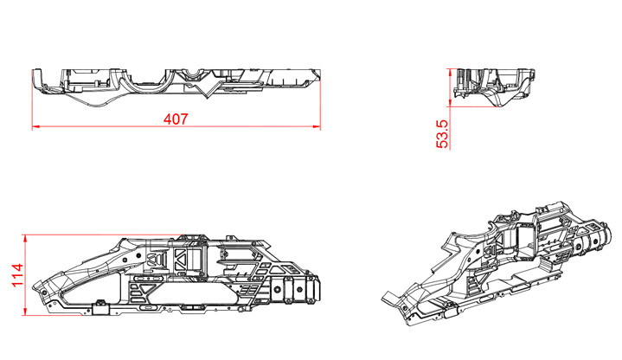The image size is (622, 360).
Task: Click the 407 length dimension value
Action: point(176,119)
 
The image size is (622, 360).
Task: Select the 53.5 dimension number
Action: point(443,134)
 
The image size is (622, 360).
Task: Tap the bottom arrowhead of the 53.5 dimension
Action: point(451,99)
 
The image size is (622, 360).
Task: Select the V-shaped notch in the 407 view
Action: point(207,90)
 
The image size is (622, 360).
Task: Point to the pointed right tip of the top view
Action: point(320,80)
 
